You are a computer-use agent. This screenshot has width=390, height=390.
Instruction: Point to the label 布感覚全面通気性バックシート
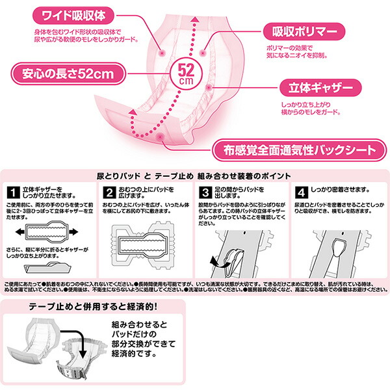click(x=293, y=151)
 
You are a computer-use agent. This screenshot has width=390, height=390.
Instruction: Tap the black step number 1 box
click(x=12, y=193)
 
